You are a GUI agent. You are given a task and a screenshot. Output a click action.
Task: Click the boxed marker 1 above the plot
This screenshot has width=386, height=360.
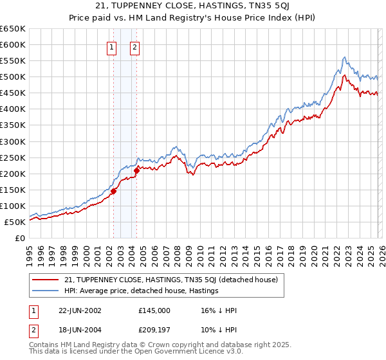coord(112,46)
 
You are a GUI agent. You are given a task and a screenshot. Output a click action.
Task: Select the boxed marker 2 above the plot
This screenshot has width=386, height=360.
coord(135,46)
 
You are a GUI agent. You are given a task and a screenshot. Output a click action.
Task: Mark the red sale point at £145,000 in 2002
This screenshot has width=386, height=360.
coord(114,191)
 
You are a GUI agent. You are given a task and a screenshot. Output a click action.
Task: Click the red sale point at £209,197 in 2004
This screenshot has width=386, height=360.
coord(136,170)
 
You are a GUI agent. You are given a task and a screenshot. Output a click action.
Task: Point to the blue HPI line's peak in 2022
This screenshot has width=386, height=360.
coord(345,57)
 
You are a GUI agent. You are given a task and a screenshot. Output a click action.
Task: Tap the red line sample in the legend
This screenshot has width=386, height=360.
coord(46,280)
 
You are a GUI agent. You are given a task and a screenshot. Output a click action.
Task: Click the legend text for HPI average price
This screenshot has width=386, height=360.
coord(142,291)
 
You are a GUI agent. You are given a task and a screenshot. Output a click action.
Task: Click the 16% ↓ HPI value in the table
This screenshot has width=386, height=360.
coord(219,310)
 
